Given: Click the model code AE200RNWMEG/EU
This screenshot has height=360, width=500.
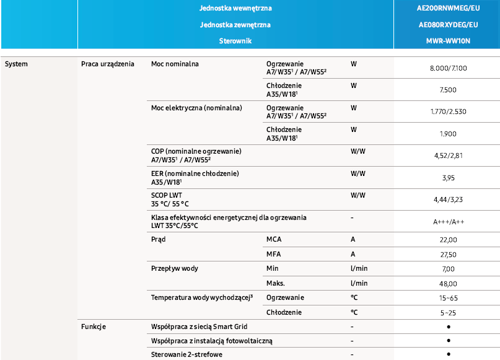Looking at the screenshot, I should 447,9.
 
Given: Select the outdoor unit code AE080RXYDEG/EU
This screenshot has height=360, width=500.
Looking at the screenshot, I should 447,25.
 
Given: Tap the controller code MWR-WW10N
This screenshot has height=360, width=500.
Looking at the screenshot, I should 447,40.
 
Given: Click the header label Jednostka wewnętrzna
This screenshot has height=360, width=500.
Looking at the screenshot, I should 235,9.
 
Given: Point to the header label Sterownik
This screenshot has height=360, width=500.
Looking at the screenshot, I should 235,40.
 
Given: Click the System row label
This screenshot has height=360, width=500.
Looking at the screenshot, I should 16,64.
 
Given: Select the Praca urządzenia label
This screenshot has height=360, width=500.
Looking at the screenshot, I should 108,64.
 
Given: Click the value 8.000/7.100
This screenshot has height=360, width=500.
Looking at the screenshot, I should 447,68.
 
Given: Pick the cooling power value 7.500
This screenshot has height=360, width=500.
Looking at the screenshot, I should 447,90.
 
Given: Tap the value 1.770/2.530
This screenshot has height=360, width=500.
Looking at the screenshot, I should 447,112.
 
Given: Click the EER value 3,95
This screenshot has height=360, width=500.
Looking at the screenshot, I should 447,178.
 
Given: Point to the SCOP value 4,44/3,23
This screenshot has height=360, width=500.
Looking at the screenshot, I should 447,200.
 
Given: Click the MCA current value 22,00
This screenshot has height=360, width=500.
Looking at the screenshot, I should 447,240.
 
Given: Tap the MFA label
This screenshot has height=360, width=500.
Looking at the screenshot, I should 274,254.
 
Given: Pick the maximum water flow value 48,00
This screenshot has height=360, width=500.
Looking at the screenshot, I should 447,283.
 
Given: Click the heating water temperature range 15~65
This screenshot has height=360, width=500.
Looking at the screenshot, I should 447,298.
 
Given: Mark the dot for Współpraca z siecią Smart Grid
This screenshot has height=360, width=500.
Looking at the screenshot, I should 447,326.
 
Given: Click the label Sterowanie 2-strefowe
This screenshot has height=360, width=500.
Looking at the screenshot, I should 186,354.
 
